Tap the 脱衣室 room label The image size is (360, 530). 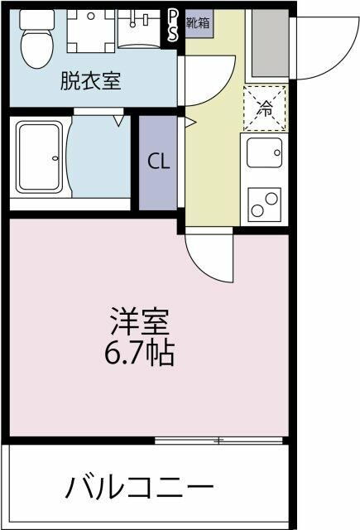[x=90, y=81]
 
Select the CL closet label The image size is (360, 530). [x=158, y=162]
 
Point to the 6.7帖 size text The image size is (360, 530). [x=139, y=354]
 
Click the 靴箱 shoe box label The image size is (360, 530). [x=199, y=22]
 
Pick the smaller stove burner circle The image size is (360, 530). [x=257, y=210]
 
